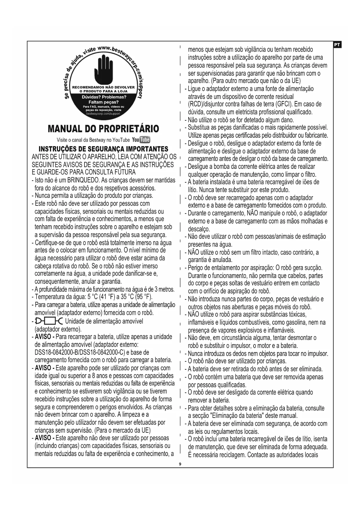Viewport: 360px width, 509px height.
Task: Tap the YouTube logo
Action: [x=141, y=140]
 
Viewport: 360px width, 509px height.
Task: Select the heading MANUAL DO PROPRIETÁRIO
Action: [x=103, y=129]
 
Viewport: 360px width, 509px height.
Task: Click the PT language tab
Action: [x=337, y=45]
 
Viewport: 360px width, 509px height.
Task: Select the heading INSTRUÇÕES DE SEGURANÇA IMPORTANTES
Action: [x=103, y=149]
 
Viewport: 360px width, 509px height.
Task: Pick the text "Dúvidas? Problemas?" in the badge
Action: [x=104, y=97]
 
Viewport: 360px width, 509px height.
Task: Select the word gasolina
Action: [x=303, y=322]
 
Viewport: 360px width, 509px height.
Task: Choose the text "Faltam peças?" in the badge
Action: [x=104, y=102]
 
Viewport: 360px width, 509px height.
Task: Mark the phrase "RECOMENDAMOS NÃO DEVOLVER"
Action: [x=104, y=87]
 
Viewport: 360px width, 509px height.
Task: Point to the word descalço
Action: [x=199, y=229]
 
